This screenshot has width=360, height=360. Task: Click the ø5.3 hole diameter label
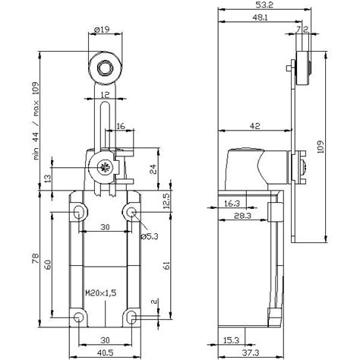pyautogui.click(x=148, y=236)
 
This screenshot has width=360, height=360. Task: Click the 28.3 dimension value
pyautogui.click(x=243, y=216)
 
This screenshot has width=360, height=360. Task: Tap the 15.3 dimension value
pyautogui.click(x=230, y=339)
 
